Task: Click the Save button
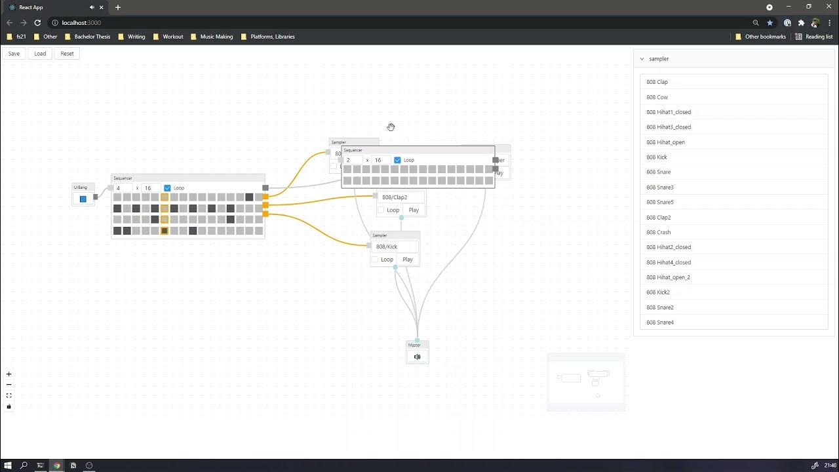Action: pyautogui.click(x=14, y=54)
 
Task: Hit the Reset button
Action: pyautogui.click(x=67, y=54)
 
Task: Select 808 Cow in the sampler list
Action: pyautogui.click(x=657, y=97)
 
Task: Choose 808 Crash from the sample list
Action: pyautogui.click(x=658, y=232)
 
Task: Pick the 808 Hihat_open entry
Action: pyautogui.click(x=665, y=142)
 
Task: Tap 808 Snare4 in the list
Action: pyautogui.click(x=660, y=323)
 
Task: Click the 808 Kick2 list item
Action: pyautogui.click(x=658, y=292)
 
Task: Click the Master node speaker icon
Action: pyautogui.click(x=417, y=357)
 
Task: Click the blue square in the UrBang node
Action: pyautogui.click(x=83, y=199)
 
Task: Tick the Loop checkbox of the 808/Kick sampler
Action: pyautogui.click(x=375, y=260)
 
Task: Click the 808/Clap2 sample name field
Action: pyautogui.click(x=399, y=197)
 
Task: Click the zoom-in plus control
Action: pyautogui.click(x=9, y=374)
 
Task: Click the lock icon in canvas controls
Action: pyautogui.click(x=9, y=406)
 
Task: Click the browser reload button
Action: pyautogui.click(x=37, y=23)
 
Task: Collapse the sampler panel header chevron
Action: pyautogui.click(x=642, y=59)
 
